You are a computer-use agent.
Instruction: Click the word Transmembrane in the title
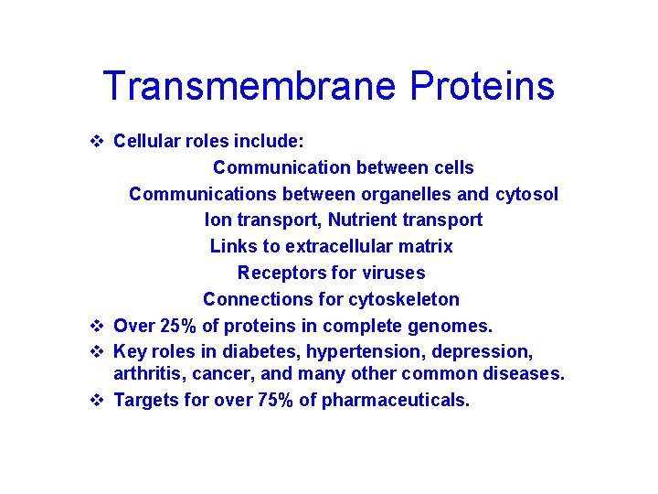[x=249, y=86]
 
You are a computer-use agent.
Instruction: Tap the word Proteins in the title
[x=482, y=86]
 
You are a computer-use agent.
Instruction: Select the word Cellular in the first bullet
[x=146, y=142]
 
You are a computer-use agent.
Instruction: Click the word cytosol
[x=526, y=194]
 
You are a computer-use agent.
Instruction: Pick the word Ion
[x=218, y=220]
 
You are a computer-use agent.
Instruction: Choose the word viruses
[x=393, y=273]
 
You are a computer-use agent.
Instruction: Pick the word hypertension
[x=364, y=352]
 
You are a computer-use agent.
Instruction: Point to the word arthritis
[x=145, y=374]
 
